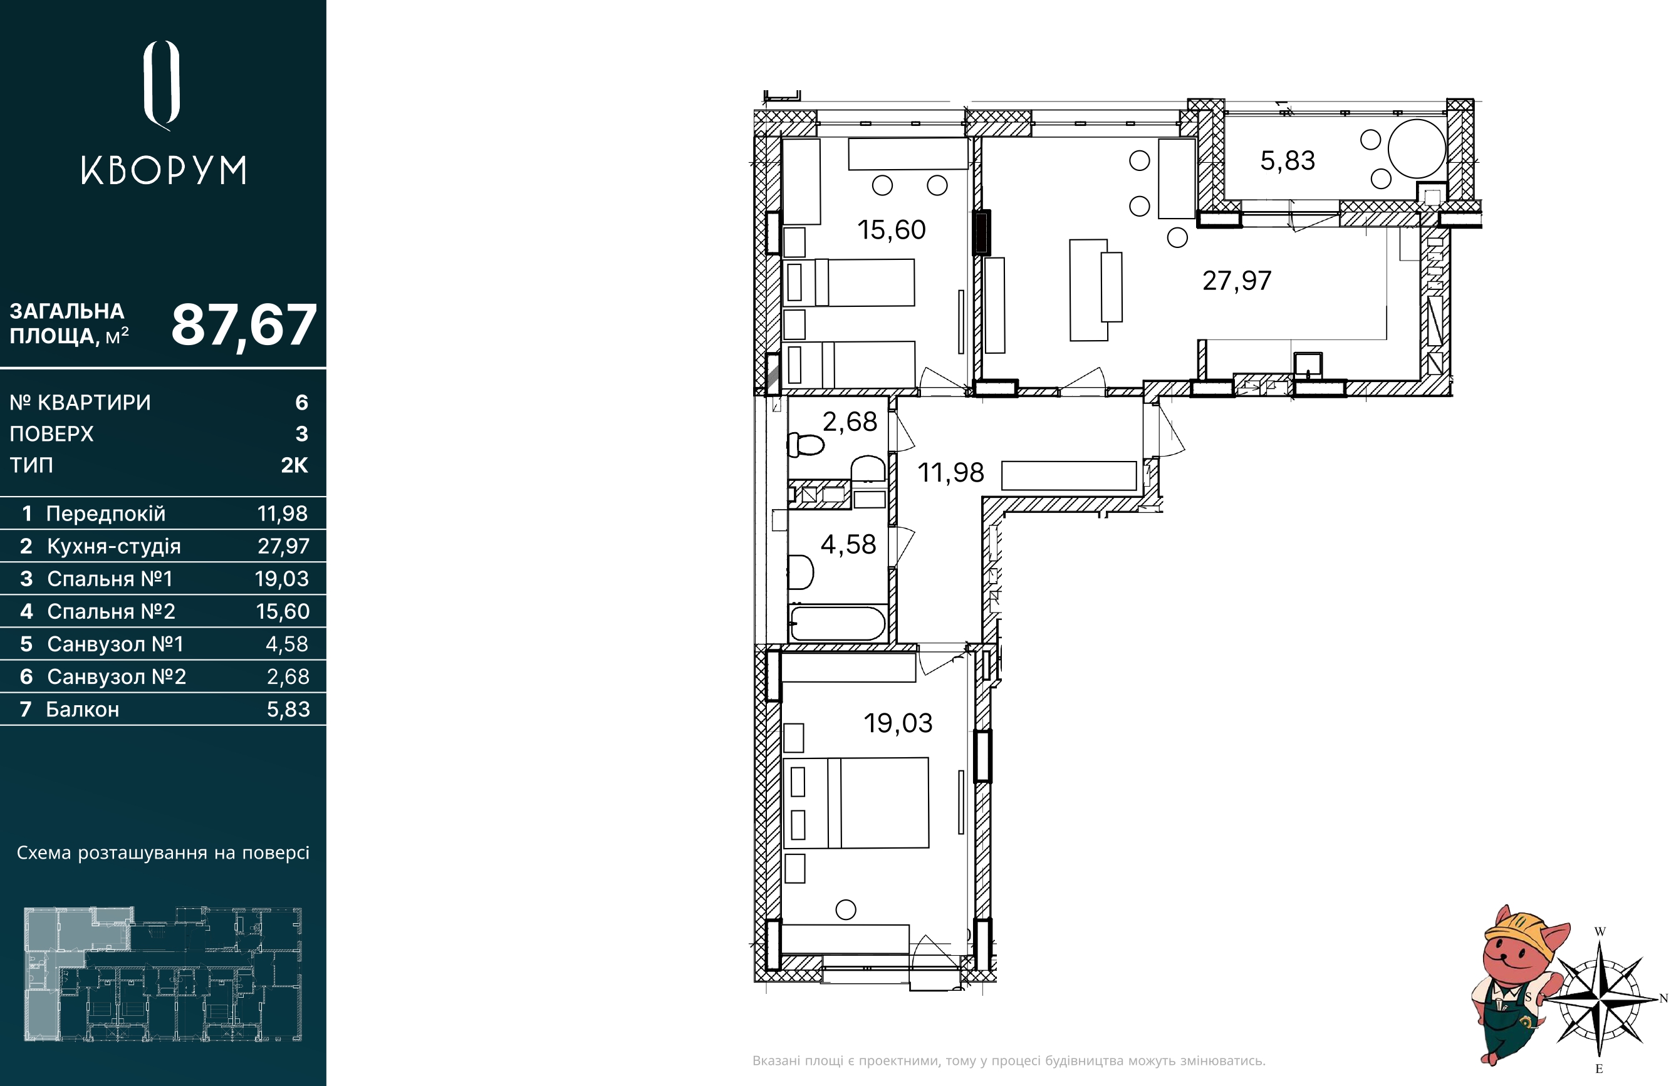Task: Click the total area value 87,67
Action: point(244,326)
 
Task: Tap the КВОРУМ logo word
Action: point(164,170)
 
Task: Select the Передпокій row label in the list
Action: point(106,513)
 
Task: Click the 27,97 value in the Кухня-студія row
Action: point(283,546)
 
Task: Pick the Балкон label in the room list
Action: point(83,709)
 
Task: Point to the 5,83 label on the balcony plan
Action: point(1287,161)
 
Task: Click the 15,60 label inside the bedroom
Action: point(891,230)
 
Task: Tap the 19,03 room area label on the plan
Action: point(898,723)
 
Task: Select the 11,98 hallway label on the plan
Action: point(950,473)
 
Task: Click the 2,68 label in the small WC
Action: point(850,422)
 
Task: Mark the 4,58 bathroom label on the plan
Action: point(848,545)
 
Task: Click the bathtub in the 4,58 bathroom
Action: point(838,623)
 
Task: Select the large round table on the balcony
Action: point(1417,149)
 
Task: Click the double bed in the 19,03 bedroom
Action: point(856,803)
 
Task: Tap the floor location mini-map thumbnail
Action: point(163,975)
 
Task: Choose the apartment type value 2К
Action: point(294,465)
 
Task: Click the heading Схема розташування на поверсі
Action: point(163,853)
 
